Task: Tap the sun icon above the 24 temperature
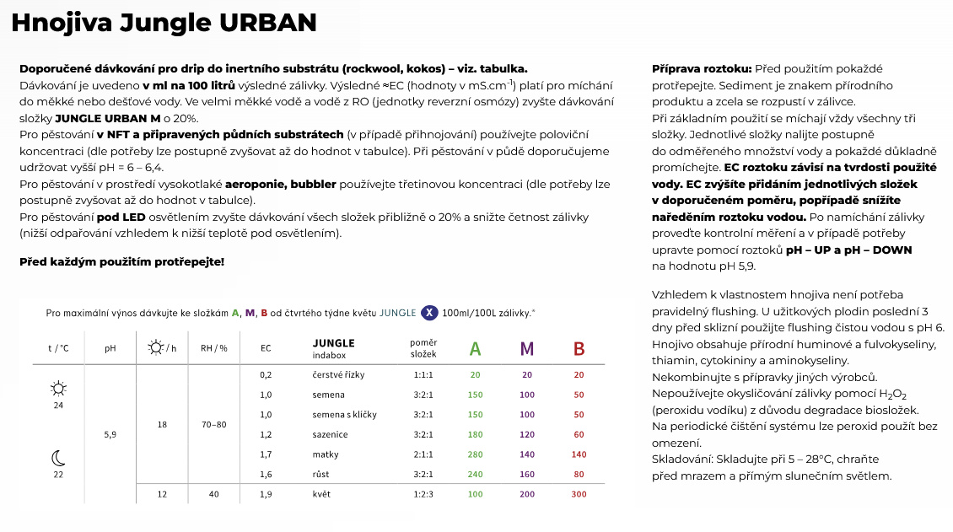pos(58,389)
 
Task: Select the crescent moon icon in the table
pos(58,458)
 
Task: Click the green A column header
pos(476,348)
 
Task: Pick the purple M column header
pos(527,348)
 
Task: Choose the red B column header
pos(579,348)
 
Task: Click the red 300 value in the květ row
pos(579,494)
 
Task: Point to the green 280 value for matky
pos(476,454)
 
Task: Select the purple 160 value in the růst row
pos(527,475)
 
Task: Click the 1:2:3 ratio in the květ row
pos(423,494)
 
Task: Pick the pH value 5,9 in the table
pos(110,435)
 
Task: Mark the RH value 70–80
pos(214,425)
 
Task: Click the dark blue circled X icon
pos(429,313)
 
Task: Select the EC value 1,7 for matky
pos(266,454)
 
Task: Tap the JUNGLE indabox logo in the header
pos(333,347)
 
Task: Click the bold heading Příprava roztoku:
pos(702,68)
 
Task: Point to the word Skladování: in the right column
pos(681,459)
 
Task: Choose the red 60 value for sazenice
pos(579,435)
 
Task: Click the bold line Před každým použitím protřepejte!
pos(121,261)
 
